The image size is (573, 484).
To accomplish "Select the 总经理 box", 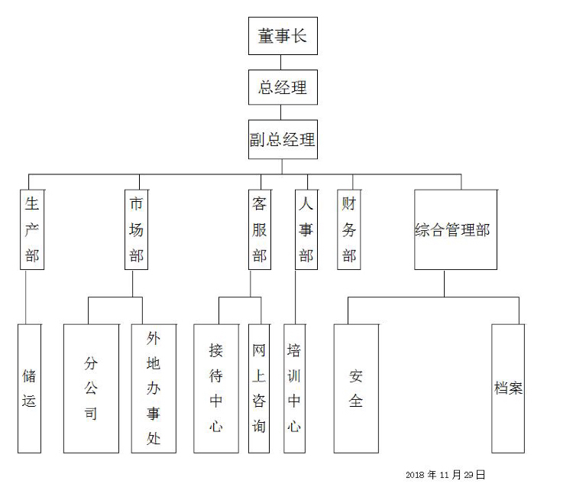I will point(283,87).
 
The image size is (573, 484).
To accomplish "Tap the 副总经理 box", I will point(283,140).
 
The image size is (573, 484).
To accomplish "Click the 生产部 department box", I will point(32,229).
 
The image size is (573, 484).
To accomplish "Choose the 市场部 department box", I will point(136,229).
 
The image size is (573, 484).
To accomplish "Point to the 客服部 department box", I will point(260,229).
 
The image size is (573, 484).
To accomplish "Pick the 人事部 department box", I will point(306,229).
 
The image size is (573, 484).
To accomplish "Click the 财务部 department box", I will point(349,229).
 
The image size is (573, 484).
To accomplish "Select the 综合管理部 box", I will point(452,229).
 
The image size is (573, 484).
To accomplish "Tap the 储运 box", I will point(29,388).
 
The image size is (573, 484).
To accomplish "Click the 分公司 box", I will point(91,388).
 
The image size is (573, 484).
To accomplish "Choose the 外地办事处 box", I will point(154,388).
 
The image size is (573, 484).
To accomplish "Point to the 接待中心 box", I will point(216,388).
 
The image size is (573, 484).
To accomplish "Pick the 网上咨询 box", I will point(259,388).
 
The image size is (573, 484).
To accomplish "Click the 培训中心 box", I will point(294,388).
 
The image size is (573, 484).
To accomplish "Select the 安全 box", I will point(356,388).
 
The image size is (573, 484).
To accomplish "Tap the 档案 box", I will point(508,388).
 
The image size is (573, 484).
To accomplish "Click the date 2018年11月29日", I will point(445,475).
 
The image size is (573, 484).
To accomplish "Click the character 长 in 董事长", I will point(299,36).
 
